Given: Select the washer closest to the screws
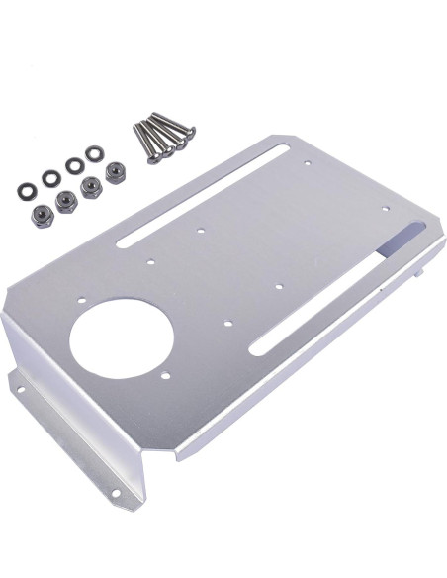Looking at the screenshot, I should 94,154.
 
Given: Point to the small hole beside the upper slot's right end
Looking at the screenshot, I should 309,162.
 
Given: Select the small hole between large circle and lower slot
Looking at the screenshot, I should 227,323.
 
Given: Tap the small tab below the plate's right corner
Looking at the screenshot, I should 425,267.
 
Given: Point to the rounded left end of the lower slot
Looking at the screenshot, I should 256,345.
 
